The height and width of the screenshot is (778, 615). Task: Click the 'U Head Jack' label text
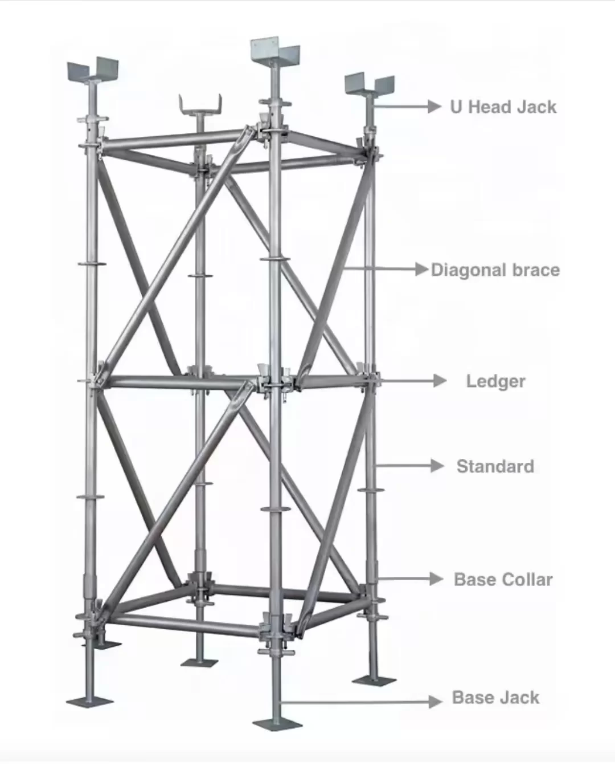click(x=503, y=107)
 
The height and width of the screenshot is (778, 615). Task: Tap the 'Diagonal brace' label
click(x=495, y=270)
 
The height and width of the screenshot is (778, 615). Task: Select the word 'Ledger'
click(x=496, y=382)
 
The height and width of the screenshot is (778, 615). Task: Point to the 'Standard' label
click(x=495, y=466)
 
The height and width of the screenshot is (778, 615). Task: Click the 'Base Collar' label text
click(x=503, y=580)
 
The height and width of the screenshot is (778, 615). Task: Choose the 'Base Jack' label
click(x=496, y=698)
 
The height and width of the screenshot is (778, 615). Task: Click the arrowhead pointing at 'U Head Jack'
click(x=434, y=107)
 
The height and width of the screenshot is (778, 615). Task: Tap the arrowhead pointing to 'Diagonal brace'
click(x=422, y=270)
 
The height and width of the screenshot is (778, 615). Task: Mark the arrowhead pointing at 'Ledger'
click(x=440, y=381)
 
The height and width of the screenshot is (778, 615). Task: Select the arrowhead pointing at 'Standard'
click(x=437, y=466)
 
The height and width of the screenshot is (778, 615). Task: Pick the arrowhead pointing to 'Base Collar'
click(x=437, y=579)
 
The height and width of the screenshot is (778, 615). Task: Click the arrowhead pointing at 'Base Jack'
click(x=436, y=702)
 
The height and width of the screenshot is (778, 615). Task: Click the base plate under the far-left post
click(x=90, y=702)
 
